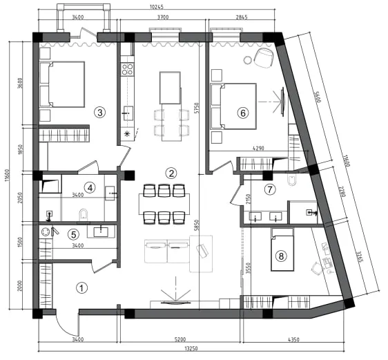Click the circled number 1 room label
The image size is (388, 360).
82,288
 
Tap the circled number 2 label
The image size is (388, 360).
171,173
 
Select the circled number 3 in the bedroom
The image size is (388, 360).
99,113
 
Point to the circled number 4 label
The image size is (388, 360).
90,188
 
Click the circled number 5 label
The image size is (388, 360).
74,234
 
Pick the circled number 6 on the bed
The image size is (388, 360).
243,113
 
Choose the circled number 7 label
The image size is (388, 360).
270,189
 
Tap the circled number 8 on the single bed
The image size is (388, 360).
281,256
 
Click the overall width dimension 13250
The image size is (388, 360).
191,348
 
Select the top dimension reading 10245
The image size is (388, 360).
157,7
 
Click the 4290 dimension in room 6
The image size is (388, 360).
258,149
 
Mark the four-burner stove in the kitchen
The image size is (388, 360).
127,69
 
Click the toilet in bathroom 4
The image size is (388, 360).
84,215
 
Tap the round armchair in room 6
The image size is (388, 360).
264,58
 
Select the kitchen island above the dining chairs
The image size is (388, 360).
170,88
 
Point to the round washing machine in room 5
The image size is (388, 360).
46,232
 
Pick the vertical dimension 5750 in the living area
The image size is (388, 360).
197,108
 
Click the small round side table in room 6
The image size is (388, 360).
247,60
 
